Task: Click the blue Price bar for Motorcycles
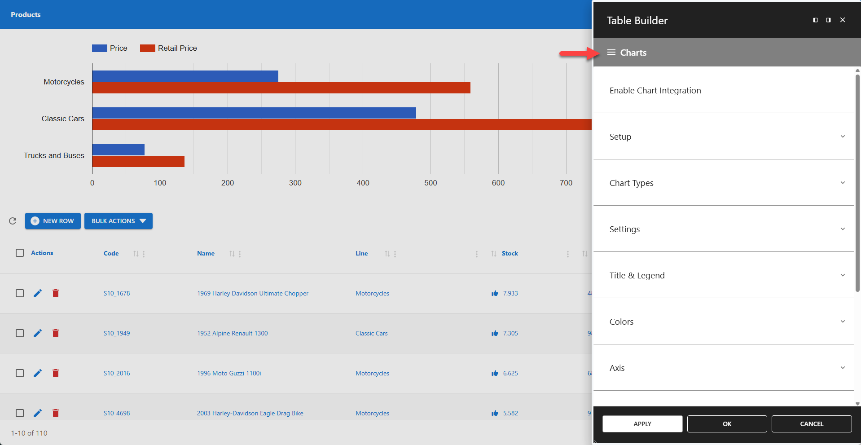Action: (185, 76)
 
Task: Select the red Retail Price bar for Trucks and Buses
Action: (138, 161)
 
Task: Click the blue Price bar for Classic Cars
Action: (254, 113)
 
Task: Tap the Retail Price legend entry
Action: (169, 48)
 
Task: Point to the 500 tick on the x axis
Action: (430, 183)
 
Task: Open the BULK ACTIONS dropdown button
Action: (119, 221)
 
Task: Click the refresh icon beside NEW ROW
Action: (13, 221)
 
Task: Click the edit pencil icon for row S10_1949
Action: (38, 333)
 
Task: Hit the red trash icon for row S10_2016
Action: (56, 373)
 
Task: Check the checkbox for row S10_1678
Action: (20, 293)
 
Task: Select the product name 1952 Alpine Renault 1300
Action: (232, 333)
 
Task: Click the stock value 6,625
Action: (510, 373)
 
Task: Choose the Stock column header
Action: (510, 253)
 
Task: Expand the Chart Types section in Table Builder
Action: (724, 183)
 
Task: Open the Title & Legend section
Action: (724, 275)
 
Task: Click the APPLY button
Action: (642, 424)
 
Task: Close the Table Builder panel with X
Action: (843, 20)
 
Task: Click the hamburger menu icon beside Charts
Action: (611, 53)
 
